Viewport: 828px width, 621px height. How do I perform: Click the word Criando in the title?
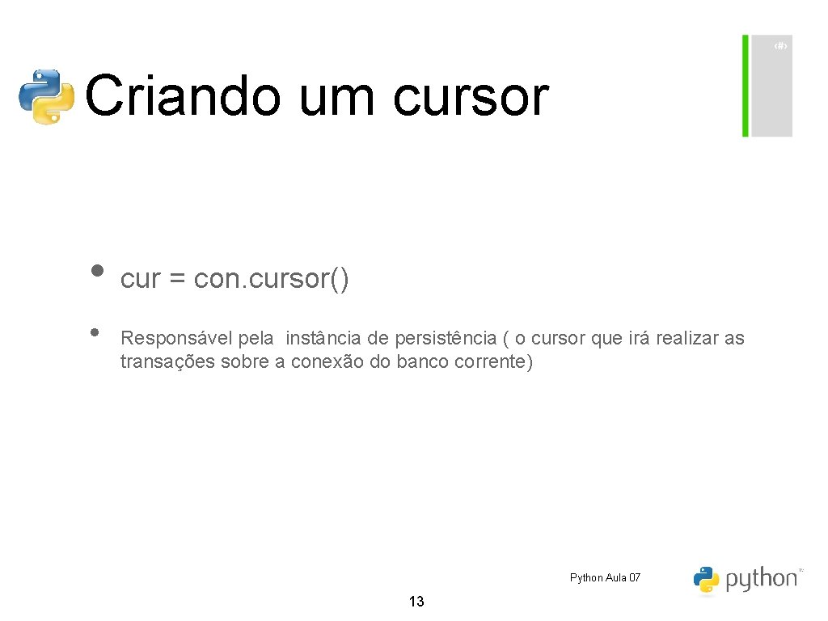(182, 96)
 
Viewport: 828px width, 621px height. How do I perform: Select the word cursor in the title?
(471, 96)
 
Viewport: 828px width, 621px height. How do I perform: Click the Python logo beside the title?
(47, 96)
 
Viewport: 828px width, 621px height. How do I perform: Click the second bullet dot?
(95, 332)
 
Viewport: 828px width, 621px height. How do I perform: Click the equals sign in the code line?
(178, 280)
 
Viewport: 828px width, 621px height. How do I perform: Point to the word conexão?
(327, 361)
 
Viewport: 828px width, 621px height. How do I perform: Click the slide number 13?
(416, 602)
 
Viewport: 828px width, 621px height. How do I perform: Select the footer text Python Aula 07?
(605, 577)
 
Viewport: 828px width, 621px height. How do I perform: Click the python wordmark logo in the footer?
(746, 579)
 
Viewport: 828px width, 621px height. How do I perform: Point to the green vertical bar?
(746, 86)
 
